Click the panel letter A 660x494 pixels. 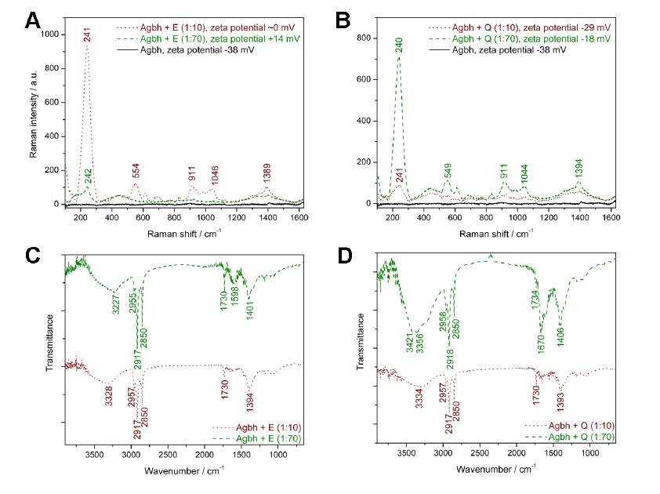[x=32, y=20]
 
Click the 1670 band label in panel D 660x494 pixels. [x=541, y=343]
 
